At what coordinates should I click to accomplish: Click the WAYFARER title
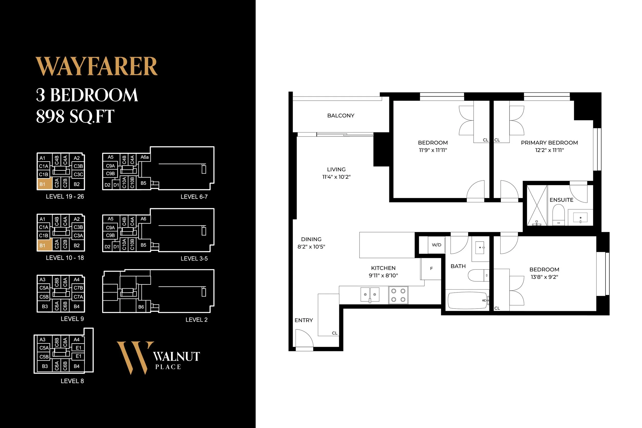pyautogui.click(x=97, y=66)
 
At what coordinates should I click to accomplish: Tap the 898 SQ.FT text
pyautogui.click(x=75, y=117)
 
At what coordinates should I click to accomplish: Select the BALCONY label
pyautogui.click(x=341, y=116)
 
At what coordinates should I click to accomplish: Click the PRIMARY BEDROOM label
pyautogui.click(x=549, y=142)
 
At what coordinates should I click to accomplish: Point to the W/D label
pyautogui.click(x=437, y=245)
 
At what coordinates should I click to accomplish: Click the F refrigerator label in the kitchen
pyautogui.click(x=431, y=269)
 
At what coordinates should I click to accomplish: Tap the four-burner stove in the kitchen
pyautogui.click(x=398, y=295)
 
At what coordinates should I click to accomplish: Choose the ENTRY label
pyautogui.click(x=304, y=320)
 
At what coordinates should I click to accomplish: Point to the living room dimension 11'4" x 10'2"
pyautogui.click(x=336, y=177)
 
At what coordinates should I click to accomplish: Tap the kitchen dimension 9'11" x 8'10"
pyautogui.click(x=383, y=275)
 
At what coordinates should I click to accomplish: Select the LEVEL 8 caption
pyautogui.click(x=72, y=381)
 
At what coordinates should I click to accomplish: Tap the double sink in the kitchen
pyautogui.click(x=370, y=295)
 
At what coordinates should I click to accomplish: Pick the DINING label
pyautogui.click(x=311, y=239)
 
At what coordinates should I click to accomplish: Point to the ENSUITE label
pyautogui.click(x=561, y=200)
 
